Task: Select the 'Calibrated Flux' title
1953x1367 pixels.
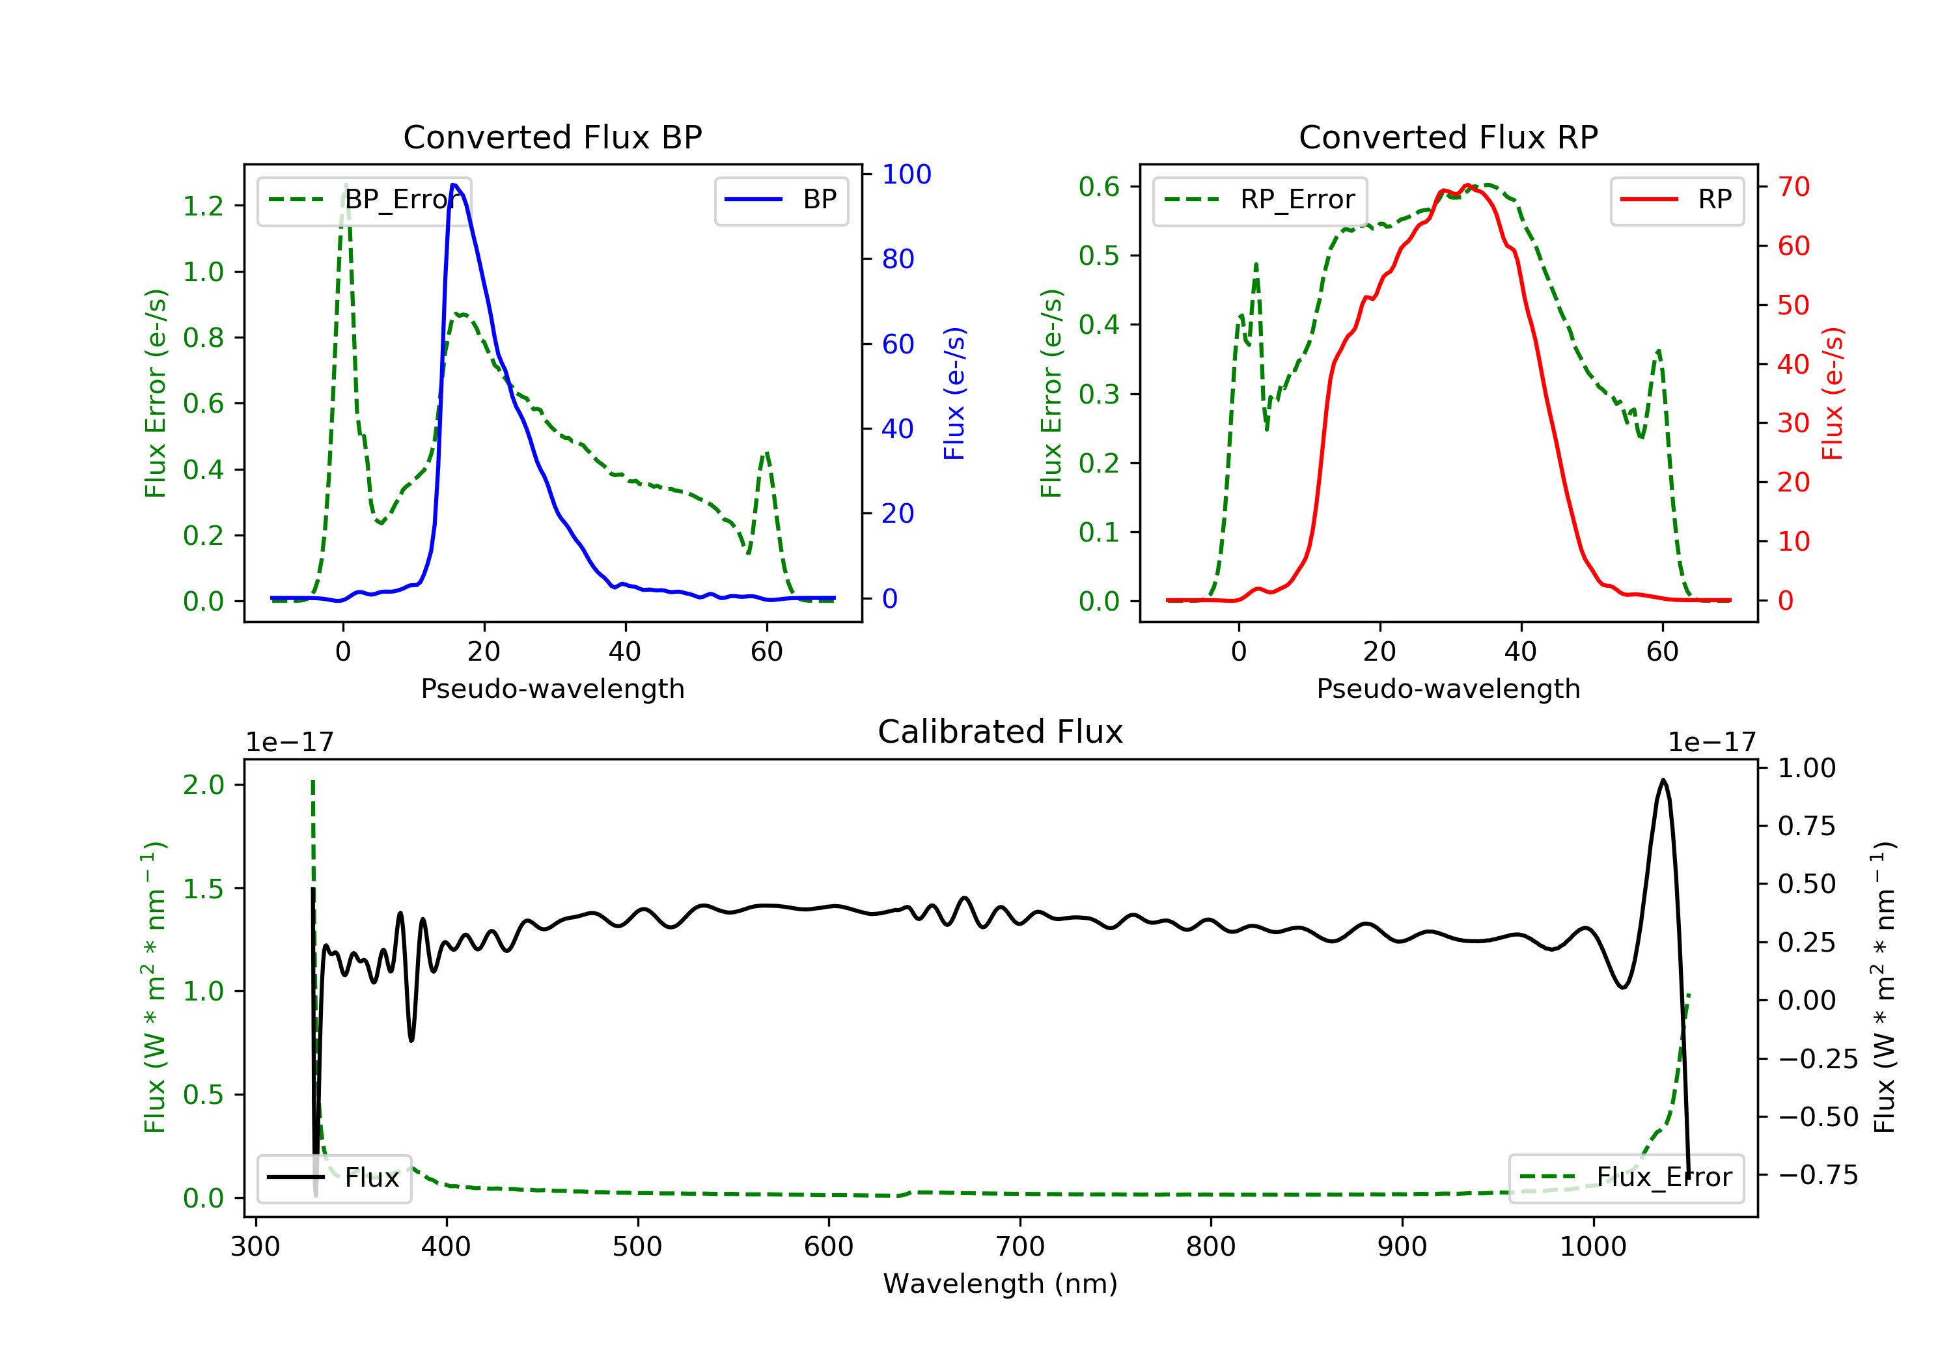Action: pos(1001,732)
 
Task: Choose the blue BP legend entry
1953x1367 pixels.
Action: pos(781,200)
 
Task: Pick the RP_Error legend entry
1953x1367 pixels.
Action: pos(1260,200)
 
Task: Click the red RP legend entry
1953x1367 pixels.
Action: pos(1676,200)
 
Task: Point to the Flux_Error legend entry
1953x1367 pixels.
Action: pos(1626,1178)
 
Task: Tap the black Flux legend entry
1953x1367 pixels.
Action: pos(333,1178)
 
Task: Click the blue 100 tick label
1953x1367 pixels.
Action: pos(907,174)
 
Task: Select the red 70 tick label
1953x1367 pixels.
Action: pos(1794,186)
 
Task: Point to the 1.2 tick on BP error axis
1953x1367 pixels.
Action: pos(203,206)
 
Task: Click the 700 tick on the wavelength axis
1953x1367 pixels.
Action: pos(1020,1247)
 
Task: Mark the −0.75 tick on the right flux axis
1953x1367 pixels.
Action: pos(1818,1175)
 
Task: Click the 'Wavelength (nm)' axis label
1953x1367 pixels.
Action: pos(1001,1284)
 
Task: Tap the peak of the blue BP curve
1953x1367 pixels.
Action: pos(453,185)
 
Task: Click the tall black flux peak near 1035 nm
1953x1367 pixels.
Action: pos(1663,780)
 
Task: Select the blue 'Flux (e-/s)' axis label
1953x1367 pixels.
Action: pos(954,393)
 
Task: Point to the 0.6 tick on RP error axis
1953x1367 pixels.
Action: pos(1099,186)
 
